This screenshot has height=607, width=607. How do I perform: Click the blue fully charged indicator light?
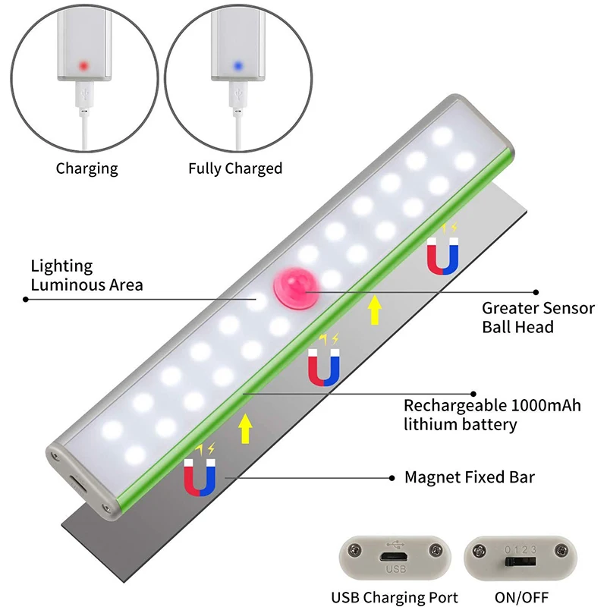[237, 65]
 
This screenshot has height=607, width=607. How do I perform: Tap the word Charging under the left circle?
[86, 168]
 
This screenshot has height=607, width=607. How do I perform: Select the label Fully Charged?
[235, 168]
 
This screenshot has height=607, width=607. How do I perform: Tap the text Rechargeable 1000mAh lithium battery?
[492, 415]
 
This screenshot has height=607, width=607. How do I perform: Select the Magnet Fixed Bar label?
[470, 477]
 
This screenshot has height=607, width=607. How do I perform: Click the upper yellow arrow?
[374, 310]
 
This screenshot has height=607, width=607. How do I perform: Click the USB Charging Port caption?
[395, 597]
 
